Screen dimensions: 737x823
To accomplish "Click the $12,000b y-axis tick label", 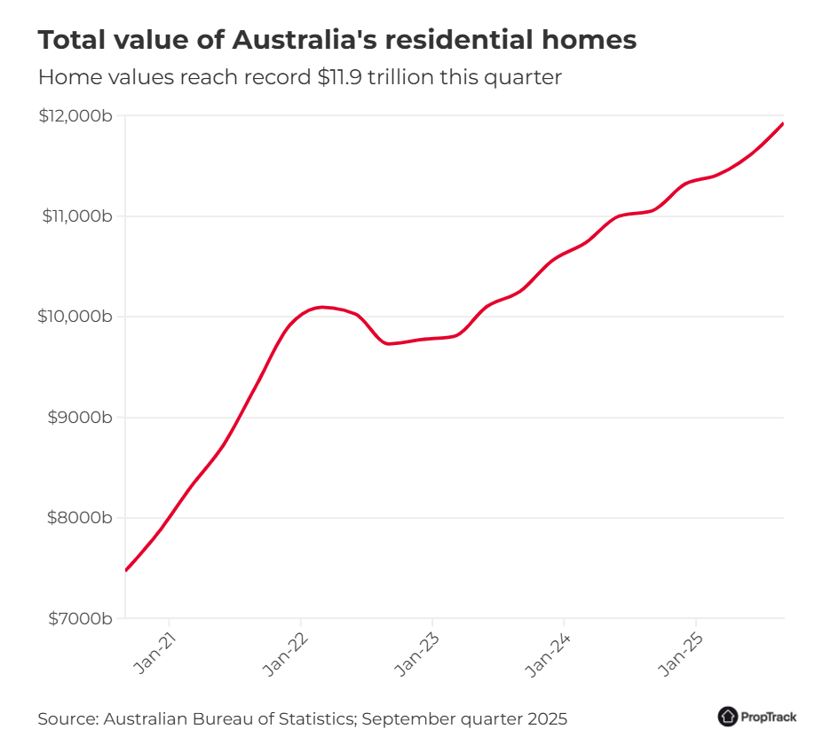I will click(x=75, y=115).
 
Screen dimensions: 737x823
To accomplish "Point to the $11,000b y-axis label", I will click(x=76, y=216).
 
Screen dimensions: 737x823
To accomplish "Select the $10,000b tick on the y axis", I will click(x=76, y=317).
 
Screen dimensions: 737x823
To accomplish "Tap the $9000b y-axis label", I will click(x=80, y=418).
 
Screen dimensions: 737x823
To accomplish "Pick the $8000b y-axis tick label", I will click(x=80, y=518).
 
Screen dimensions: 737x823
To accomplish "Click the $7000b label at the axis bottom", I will click(x=80, y=618).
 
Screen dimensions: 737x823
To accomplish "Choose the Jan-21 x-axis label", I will click(x=154, y=656).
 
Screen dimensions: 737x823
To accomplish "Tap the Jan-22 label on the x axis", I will click(x=286, y=656).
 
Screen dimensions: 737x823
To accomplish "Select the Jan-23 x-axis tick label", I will click(x=417, y=656).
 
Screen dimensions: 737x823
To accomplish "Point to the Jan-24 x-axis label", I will click(x=549, y=656).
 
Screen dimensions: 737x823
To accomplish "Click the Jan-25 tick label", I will click(x=680, y=656).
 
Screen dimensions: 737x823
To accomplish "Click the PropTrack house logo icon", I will click(x=728, y=716).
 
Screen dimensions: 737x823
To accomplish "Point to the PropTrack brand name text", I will click(x=769, y=717).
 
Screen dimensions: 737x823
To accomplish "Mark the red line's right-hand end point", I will click(x=783, y=123).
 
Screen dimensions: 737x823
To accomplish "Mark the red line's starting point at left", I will click(x=126, y=570).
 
